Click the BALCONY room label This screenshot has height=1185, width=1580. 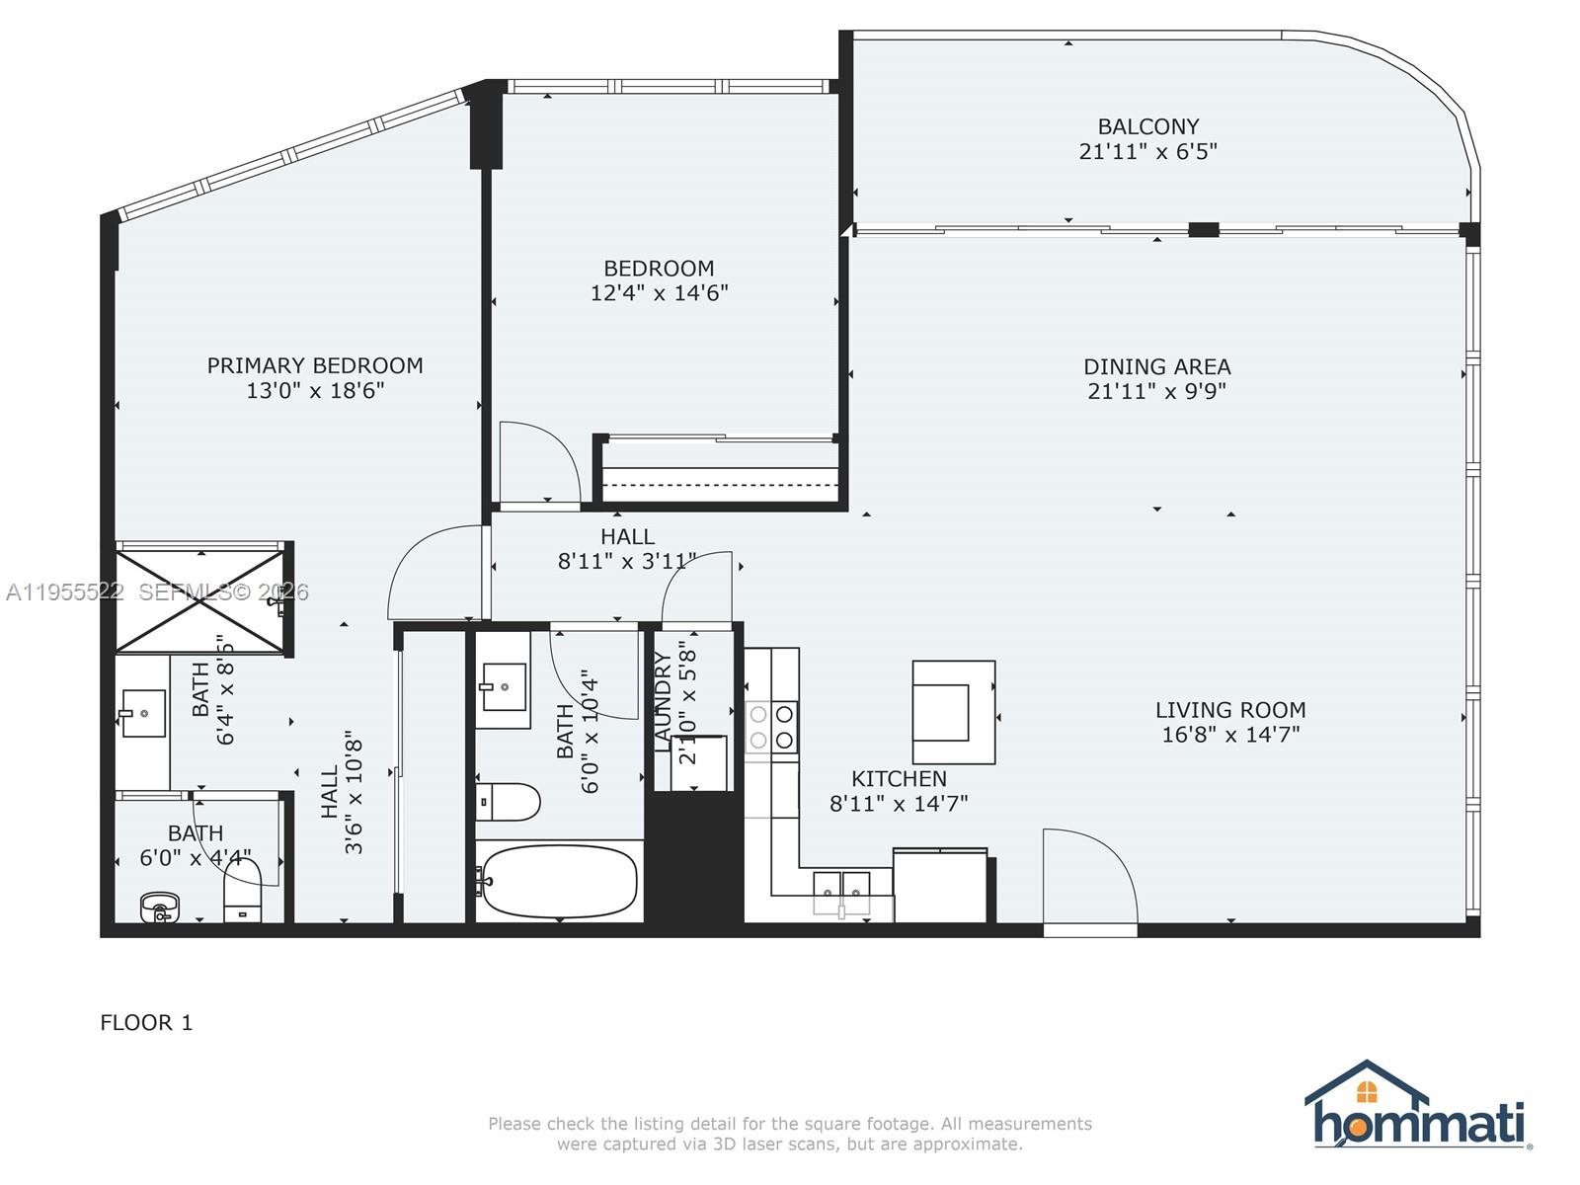click(x=1147, y=126)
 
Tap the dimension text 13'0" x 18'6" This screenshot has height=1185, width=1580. click(x=315, y=391)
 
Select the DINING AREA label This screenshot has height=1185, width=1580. click(x=1156, y=366)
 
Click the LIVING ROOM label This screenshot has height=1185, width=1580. click(x=1230, y=710)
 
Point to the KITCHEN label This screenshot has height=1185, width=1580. click(x=899, y=779)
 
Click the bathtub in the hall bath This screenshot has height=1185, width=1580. click(x=559, y=881)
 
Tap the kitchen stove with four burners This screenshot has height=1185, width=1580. click(x=771, y=727)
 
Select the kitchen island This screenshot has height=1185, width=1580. click(x=953, y=712)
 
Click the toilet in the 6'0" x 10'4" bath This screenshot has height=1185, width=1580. click(x=509, y=802)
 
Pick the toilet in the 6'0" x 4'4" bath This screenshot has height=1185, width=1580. click(x=242, y=892)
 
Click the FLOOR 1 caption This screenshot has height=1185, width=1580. click(x=146, y=1023)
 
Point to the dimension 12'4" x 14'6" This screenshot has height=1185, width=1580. click(x=659, y=293)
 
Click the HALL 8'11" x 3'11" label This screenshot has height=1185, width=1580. click(x=627, y=549)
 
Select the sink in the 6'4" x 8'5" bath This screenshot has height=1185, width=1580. click(x=143, y=712)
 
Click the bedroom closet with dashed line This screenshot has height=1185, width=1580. click(x=720, y=473)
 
